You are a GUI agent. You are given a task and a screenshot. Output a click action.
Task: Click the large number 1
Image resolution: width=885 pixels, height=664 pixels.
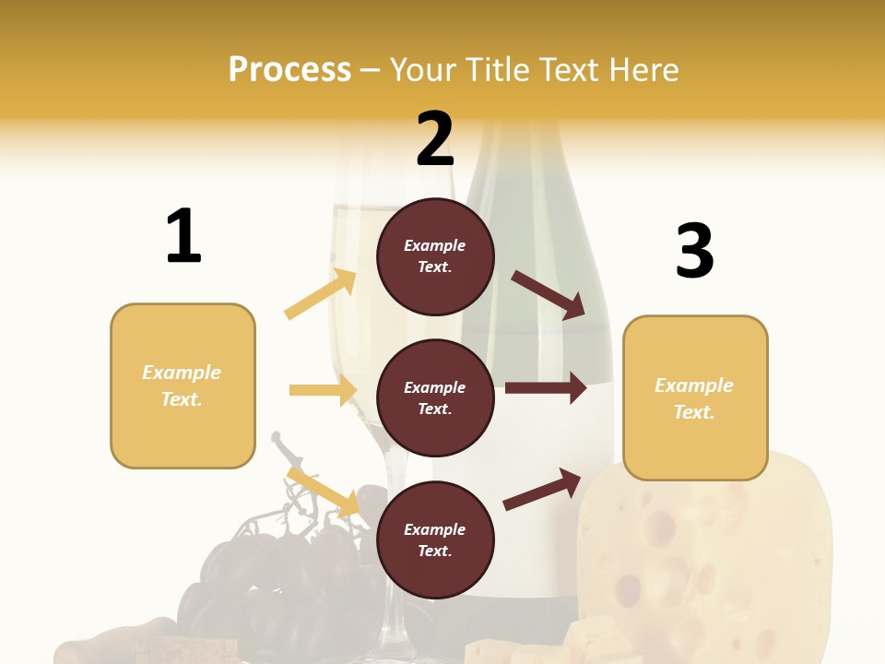coord(183,236)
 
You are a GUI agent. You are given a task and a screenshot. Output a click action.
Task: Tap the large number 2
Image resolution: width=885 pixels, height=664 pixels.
coord(435,139)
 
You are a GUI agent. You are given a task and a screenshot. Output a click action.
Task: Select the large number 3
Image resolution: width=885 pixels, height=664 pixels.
coord(694,251)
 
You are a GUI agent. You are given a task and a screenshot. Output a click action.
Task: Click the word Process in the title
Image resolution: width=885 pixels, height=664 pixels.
coord(289,69)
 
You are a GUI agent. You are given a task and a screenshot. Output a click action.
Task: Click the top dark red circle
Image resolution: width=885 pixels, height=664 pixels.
coord(435,256)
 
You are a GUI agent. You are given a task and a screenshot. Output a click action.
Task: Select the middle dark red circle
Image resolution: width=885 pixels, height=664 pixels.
coord(435,397)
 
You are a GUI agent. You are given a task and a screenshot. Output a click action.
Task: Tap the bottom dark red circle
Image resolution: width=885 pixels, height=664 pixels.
coord(435,539)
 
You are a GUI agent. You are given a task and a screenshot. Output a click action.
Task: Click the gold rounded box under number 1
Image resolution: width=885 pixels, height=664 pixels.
coord(183,385)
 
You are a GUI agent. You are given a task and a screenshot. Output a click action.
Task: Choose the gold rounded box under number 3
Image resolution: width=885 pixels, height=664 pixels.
coord(695,397)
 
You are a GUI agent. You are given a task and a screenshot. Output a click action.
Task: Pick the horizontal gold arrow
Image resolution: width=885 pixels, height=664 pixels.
coord(323,390)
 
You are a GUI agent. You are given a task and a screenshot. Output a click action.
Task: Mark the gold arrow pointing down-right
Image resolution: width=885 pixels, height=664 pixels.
coord(324,492)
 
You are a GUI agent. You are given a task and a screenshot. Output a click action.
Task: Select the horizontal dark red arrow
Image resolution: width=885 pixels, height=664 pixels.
coord(546,388)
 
